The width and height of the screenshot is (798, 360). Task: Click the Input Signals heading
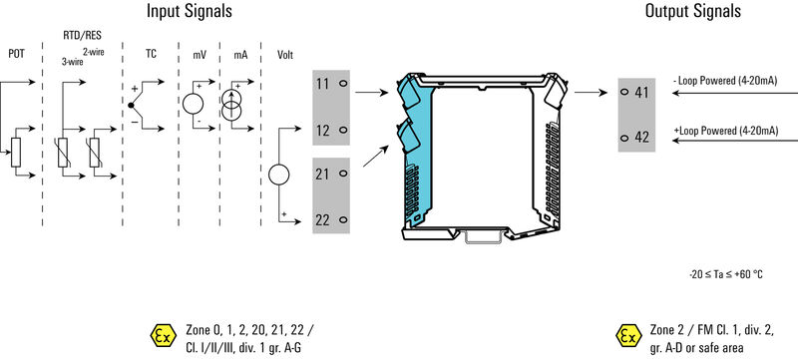coord(190,11)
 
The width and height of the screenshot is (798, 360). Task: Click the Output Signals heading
coord(692,11)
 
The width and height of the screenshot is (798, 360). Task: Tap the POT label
coord(16,54)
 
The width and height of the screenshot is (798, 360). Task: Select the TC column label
coord(151,54)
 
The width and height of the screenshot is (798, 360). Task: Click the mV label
coord(199,54)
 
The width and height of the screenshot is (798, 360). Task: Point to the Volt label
coord(285,54)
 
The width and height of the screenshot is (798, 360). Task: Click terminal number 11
coord(322,84)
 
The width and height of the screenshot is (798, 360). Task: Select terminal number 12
coord(322,131)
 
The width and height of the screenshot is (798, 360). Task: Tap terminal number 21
coord(322,174)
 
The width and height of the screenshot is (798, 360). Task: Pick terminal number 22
coord(322,220)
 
